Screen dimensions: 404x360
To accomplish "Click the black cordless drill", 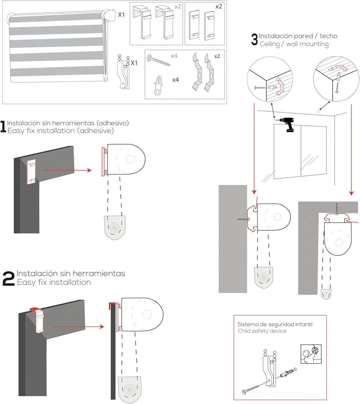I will tap(288, 125).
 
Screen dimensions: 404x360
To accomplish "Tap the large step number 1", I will tap(3, 127).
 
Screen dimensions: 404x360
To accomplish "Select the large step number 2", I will tap(8, 278).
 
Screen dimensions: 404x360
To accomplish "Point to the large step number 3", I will tap(254, 40).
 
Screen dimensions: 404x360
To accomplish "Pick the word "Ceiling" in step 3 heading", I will tap(270, 44).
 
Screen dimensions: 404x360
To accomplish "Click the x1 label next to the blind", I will tap(121, 15).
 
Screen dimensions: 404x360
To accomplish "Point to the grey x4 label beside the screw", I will tap(174, 56).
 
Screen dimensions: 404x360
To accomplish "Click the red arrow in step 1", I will tap(67, 170).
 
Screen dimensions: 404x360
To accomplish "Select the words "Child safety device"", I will tap(262, 331).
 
